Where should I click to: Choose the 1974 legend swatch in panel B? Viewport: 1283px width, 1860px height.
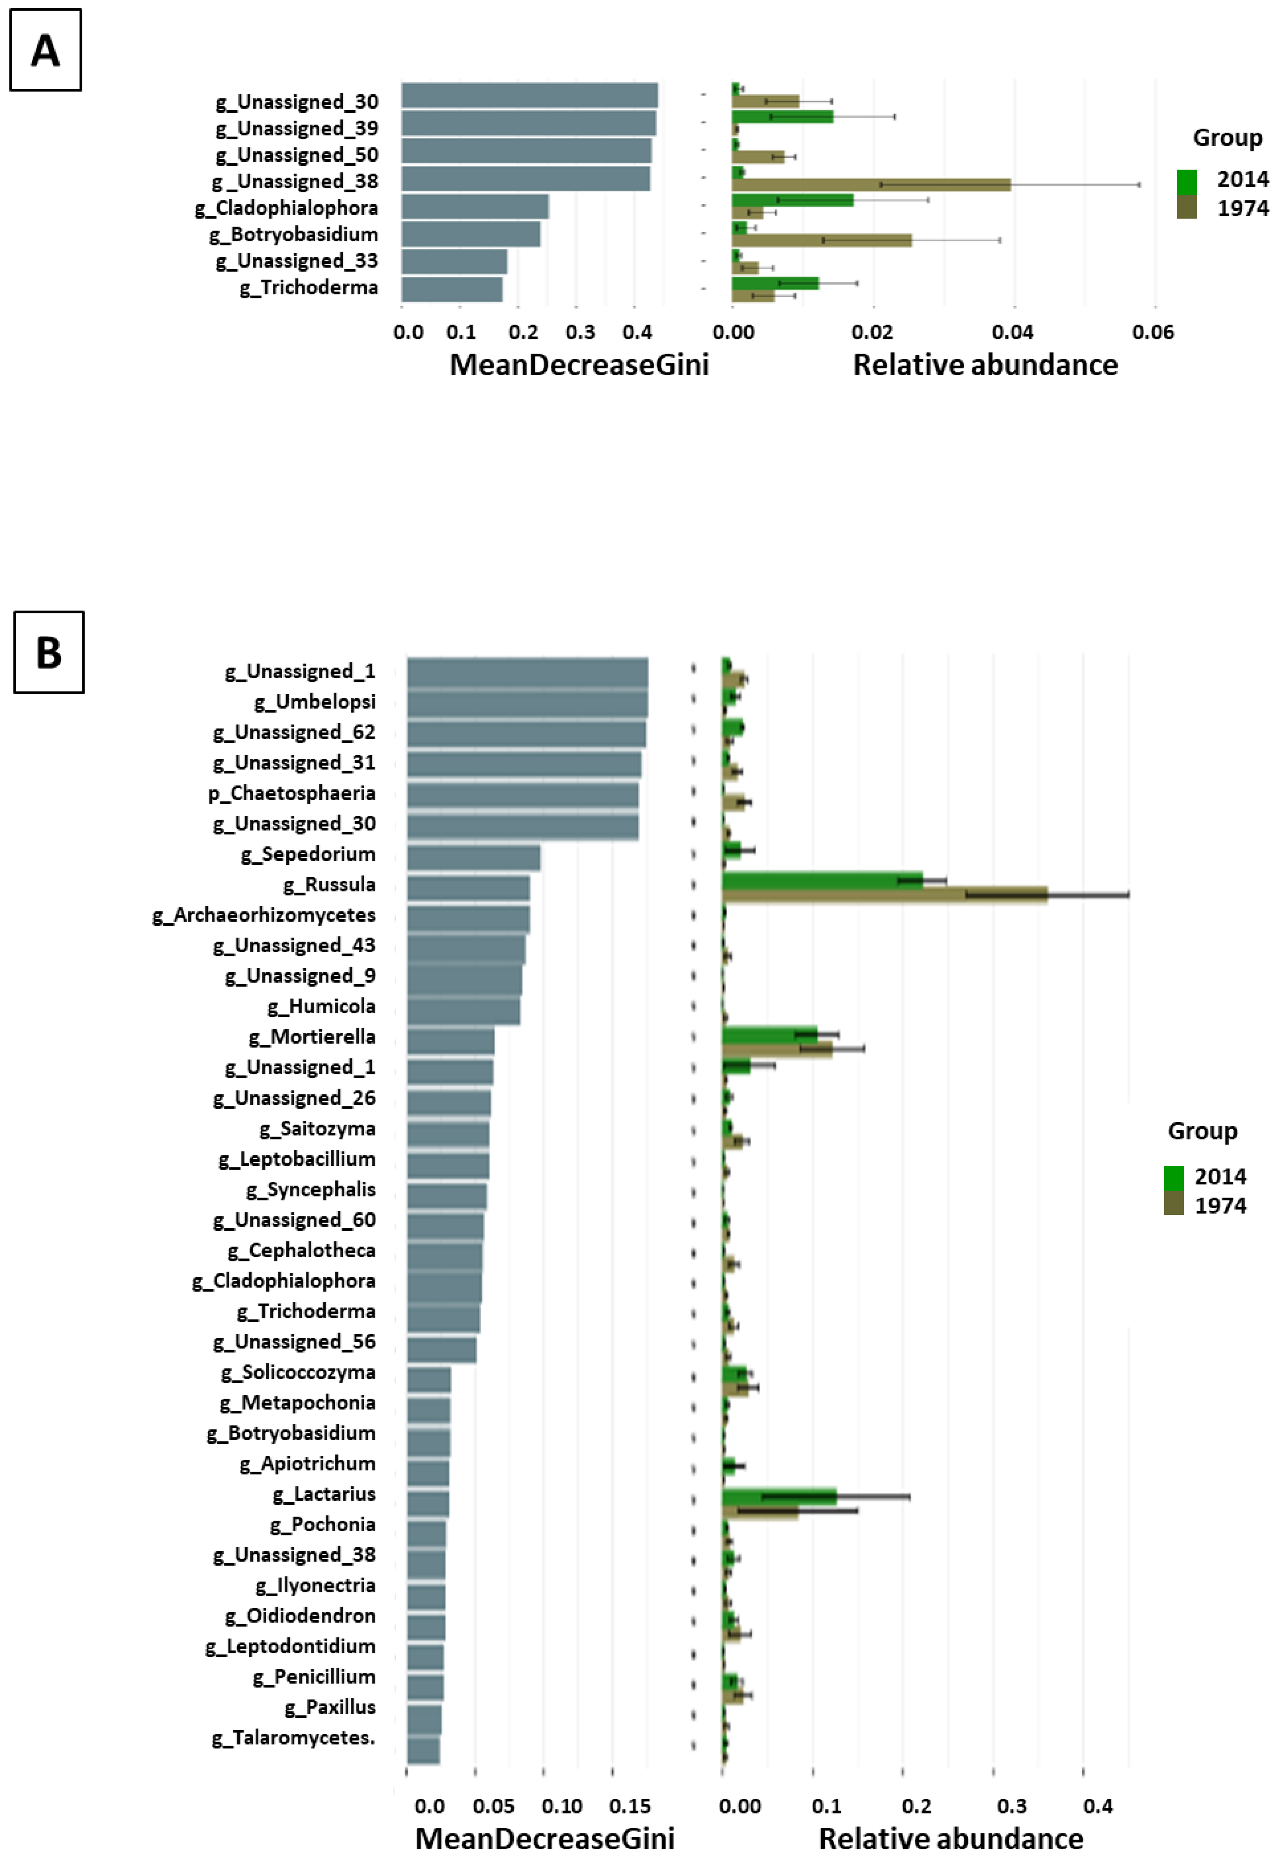1174,1203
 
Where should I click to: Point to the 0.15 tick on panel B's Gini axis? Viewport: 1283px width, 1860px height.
629,1806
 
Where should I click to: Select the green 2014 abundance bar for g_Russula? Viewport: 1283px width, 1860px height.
822,879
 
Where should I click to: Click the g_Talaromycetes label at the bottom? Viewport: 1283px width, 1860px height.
294,1738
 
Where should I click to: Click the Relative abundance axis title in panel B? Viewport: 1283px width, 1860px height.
950,1838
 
